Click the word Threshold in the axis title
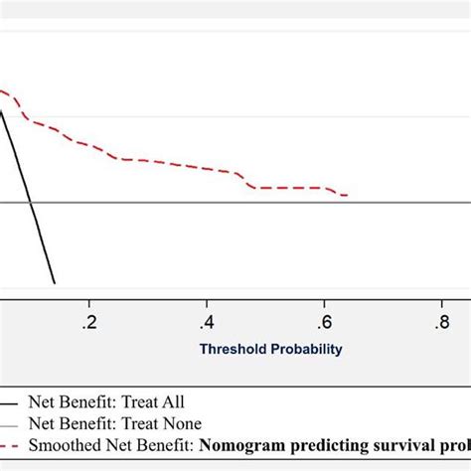[232, 349]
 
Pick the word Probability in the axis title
[305, 349]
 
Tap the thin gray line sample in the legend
[9, 424]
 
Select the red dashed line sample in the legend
[9, 445]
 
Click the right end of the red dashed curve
[346, 195]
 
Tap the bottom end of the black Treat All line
[54, 282]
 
